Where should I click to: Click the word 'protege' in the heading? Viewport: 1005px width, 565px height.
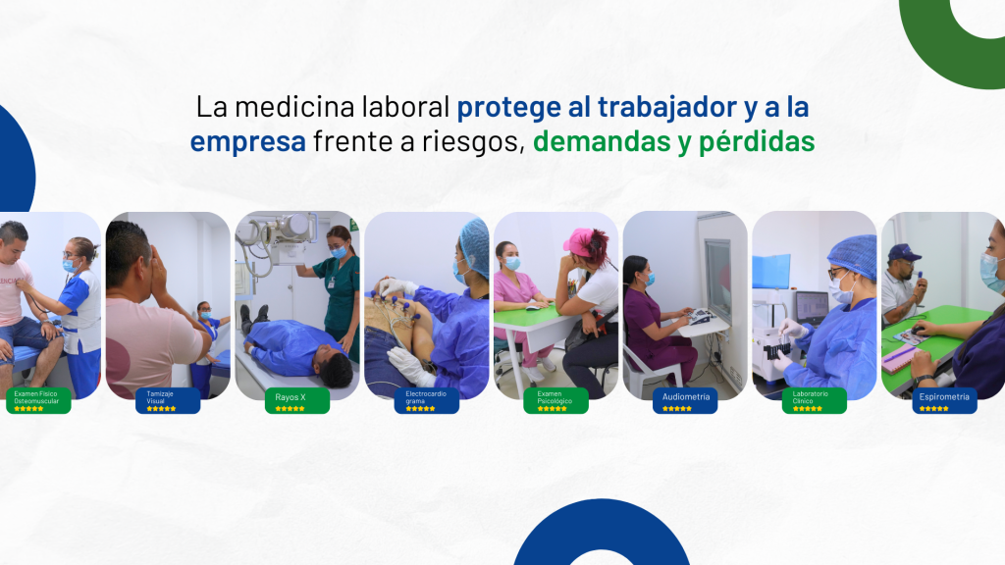click(x=508, y=108)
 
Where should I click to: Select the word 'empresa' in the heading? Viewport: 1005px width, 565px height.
click(x=247, y=142)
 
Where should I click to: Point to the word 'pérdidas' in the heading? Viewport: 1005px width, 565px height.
click(x=757, y=142)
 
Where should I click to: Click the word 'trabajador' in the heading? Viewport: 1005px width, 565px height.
click(x=666, y=108)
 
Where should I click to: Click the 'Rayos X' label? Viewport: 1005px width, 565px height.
click(x=297, y=401)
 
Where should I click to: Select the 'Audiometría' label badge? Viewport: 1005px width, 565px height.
click(x=685, y=401)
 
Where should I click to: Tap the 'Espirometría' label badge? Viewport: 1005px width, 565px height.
click(x=944, y=401)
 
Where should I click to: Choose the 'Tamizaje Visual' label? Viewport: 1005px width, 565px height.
click(x=168, y=401)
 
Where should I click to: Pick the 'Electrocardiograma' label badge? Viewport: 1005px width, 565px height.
click(x=427, y=401)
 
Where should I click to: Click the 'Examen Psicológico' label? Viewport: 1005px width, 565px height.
click(x=555, y=401)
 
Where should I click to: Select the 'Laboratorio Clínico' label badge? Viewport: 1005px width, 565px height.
click(x=815, y=401)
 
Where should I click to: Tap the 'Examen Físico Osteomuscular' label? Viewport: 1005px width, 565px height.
click(x=38, y=401)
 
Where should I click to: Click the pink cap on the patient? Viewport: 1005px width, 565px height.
click(x=579, y=242)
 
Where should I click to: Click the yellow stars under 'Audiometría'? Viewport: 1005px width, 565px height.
click(x=677, y=409)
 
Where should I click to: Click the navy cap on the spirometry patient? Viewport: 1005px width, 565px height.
click(x=903, y=252)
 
